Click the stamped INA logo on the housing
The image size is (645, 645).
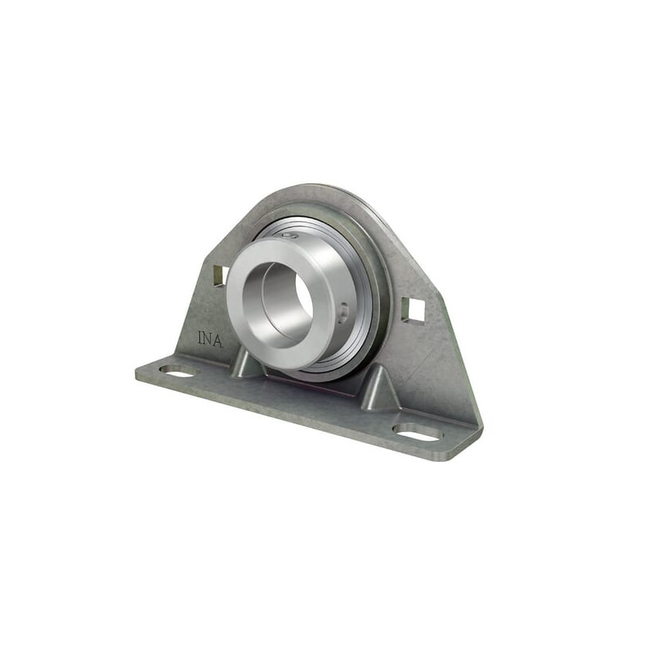coord(210,339)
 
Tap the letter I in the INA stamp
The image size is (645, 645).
coord(200,337)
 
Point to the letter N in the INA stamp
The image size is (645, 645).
coord(209,338)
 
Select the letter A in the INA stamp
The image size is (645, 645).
coord(218,340)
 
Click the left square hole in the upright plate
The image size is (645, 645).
coord(220,275)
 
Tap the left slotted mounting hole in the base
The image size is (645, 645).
coord(178,371)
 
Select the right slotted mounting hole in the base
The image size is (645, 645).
coord(418,432)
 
